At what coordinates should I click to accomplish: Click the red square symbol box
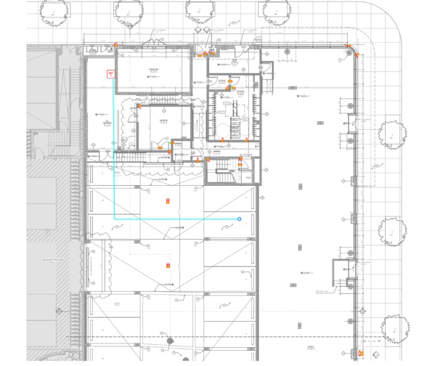(x=111, y=73)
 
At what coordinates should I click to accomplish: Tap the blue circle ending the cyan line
(x=239, y=219)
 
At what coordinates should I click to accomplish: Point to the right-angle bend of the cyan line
(x=115, y=219)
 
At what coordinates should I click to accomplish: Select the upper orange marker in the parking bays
(x=168, y=200)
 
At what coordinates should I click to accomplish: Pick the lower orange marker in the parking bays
(x=168, y=264)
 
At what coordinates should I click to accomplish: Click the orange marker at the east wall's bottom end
(x=360, y=352)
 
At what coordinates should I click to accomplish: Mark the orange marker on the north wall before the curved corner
(x=346, y=45)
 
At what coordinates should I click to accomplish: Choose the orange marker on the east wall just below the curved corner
(x=356, y=55)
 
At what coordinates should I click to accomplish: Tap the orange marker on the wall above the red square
(x=115, y=44)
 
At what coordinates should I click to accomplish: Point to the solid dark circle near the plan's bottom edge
(x=170, y=341)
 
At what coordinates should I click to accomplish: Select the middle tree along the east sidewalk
(x=392, y=231)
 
